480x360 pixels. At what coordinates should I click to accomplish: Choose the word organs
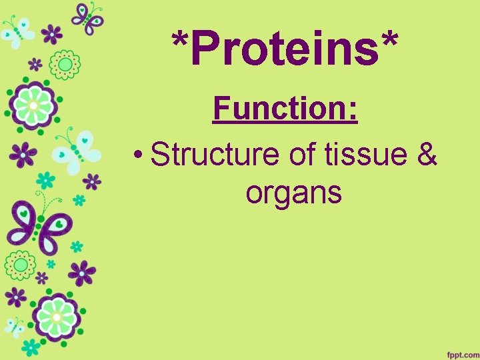[x=293, y=193]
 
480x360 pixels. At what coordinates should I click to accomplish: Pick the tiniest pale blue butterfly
[x=15, y=326]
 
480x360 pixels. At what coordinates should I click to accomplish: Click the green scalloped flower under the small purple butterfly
[x=65, y=64]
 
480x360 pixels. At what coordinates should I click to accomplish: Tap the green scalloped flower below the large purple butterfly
[x=21, y=265]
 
